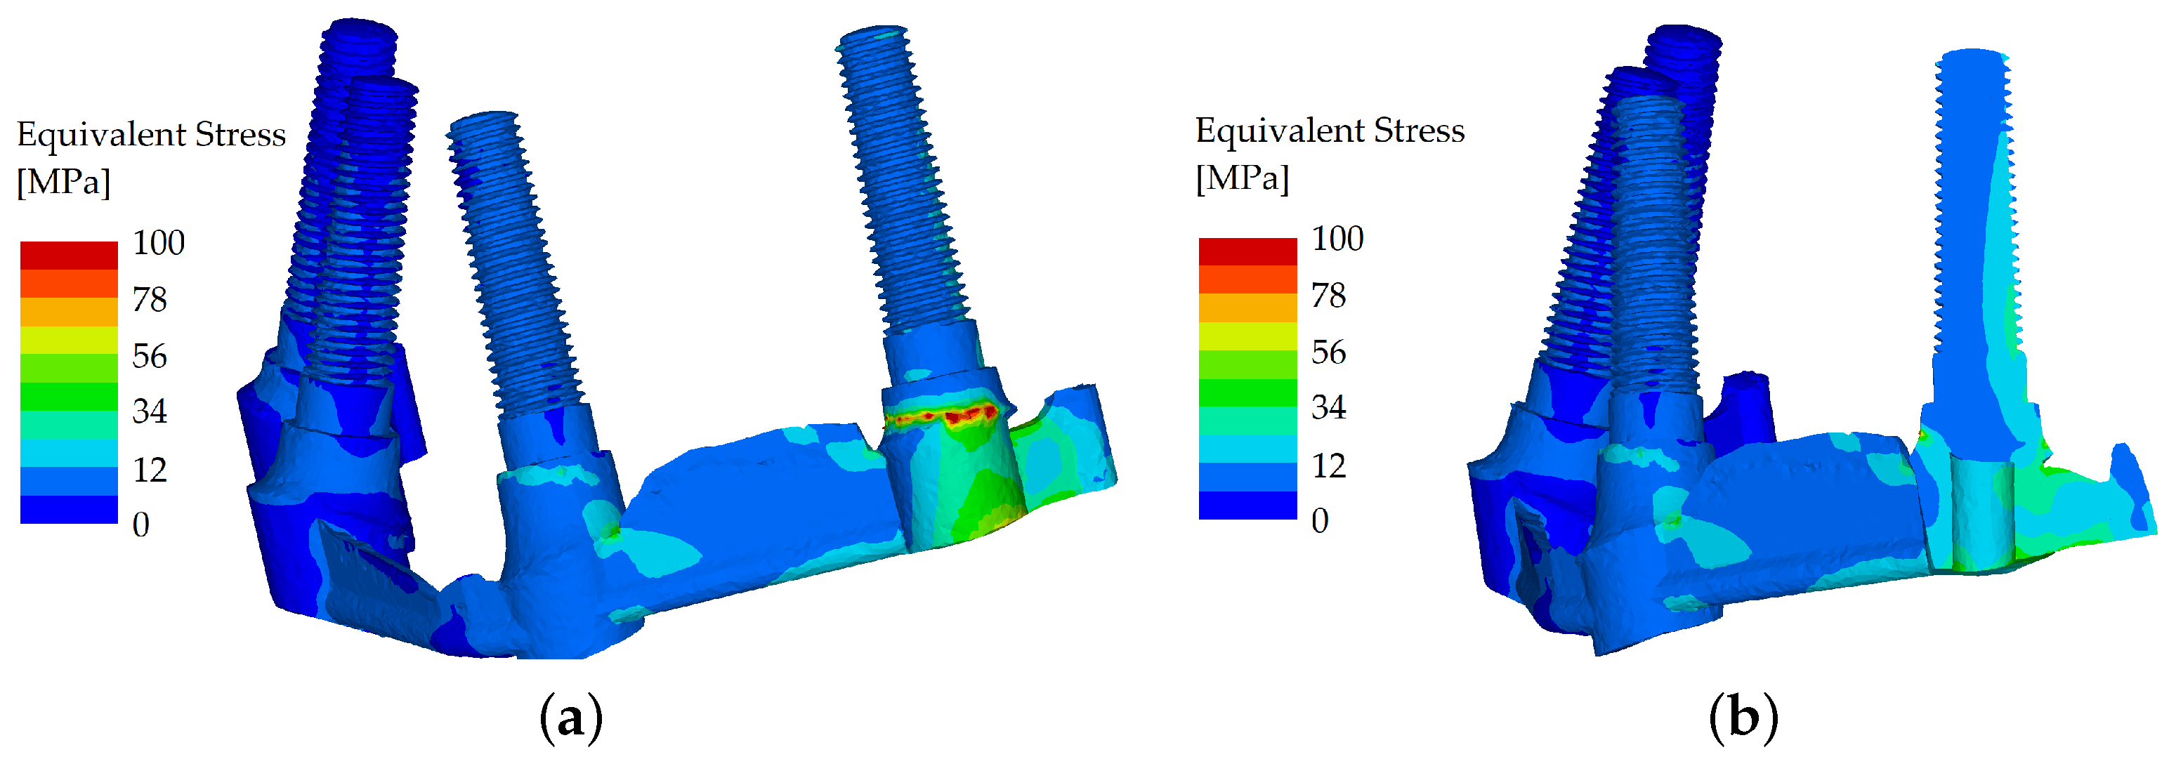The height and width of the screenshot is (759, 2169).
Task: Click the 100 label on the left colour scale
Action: tap(158, 243)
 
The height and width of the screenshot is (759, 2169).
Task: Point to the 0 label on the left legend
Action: tap(140, 525)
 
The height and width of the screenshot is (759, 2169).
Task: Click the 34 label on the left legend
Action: tap(149, 411)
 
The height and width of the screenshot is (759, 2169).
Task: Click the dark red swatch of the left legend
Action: tap(69, 255)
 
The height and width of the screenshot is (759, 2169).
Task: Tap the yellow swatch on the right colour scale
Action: tap(1248, 336)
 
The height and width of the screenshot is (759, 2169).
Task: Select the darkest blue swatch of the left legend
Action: tap(69, 509)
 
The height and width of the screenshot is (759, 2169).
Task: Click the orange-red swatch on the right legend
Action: tap(1248, 279)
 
